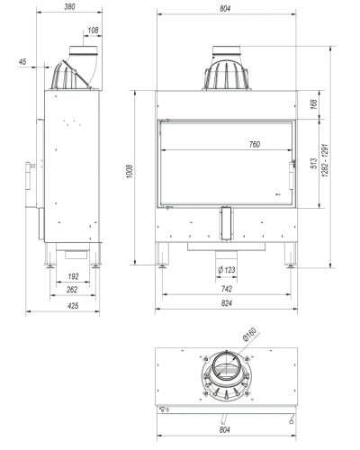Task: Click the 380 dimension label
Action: (x=69, y=6)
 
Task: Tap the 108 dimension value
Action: (x=93, y=31)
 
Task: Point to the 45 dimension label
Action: (x=22, y=62)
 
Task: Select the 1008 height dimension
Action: (x=130, y=171)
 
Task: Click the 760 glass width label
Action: (x=255, y=145)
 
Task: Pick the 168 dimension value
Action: (x=314, y=104)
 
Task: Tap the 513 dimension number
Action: (x=314, y=163)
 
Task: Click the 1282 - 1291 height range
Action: (x=325, y=160)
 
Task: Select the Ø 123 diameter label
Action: (x=227, y=270)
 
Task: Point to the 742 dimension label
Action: (x=227, y=289)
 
